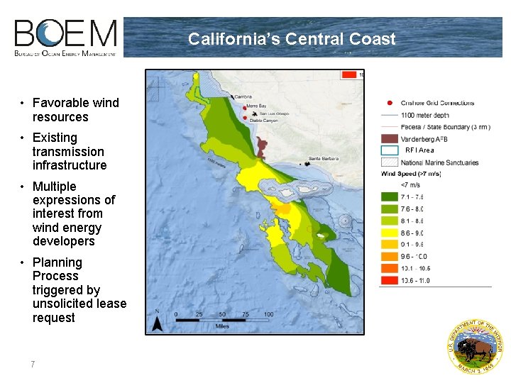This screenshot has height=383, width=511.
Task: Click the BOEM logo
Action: coord(66,38)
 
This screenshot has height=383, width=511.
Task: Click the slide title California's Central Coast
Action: coord(292,39)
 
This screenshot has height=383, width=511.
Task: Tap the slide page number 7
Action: coord(33,364)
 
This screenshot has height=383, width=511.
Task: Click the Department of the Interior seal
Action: coord(475,346)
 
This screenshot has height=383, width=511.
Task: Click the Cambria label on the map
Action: coord(243,96)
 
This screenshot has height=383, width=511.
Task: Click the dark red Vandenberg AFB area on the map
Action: coord(261,147)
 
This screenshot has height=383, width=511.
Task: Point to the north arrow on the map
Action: coord(159,323)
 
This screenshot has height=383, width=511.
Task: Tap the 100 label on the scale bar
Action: coord(268,313)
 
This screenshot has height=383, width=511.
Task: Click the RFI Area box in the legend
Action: coord(389,150)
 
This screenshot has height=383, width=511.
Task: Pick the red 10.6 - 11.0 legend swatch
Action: coord(389,281)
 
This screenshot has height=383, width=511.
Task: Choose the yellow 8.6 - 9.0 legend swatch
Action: coord(389,232)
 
